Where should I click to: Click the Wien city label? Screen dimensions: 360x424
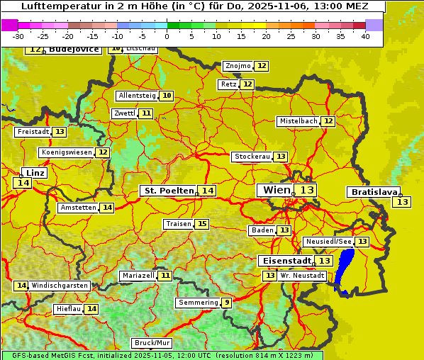click(277, 190)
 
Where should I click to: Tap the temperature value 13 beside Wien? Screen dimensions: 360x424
click(307, 190)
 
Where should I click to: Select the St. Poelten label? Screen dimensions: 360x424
click(169, 191)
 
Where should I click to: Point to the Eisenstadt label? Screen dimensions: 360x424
click(284, 261)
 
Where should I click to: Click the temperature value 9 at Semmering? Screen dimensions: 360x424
click(226, 303)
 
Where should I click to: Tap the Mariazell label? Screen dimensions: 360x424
click(138, 275)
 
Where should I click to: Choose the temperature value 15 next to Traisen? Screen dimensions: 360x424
click(202, 224)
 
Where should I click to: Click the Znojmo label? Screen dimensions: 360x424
click(238, 66)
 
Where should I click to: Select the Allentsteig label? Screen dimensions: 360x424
click(137, 96)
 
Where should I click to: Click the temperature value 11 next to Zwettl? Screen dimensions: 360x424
click(146, 113)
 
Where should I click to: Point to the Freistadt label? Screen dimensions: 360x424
click(33, 132)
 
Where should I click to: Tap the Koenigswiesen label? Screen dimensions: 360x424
click(67, 152)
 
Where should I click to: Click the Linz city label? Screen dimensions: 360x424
click(35, 173)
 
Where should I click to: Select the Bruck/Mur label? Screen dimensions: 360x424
click(152, 343)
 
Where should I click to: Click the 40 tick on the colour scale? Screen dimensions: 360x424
click(365, 36)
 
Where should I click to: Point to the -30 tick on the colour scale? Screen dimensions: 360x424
click(18, 36)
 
